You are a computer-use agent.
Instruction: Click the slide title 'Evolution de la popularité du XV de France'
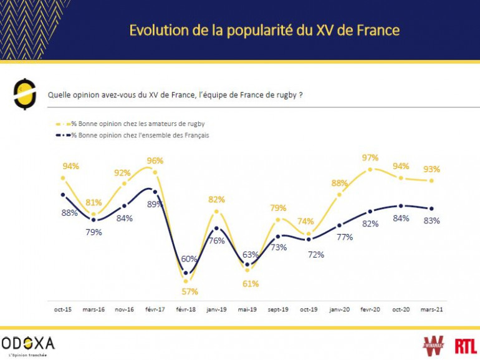click(x=264, y=30)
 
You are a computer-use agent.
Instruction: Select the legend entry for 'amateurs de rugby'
click(x=138, y=124)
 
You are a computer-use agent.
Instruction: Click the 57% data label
click(x=190, y=291)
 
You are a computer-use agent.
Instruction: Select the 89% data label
click(x=155, y=203)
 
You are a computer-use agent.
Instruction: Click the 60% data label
click(x=189, y=258)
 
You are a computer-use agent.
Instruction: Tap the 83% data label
click(x=431, y=220)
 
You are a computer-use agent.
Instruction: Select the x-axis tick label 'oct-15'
click(x=62, y=309)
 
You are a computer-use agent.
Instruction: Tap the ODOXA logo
click(x=28, y=344)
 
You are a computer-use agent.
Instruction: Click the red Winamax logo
click(x=433, y=344)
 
